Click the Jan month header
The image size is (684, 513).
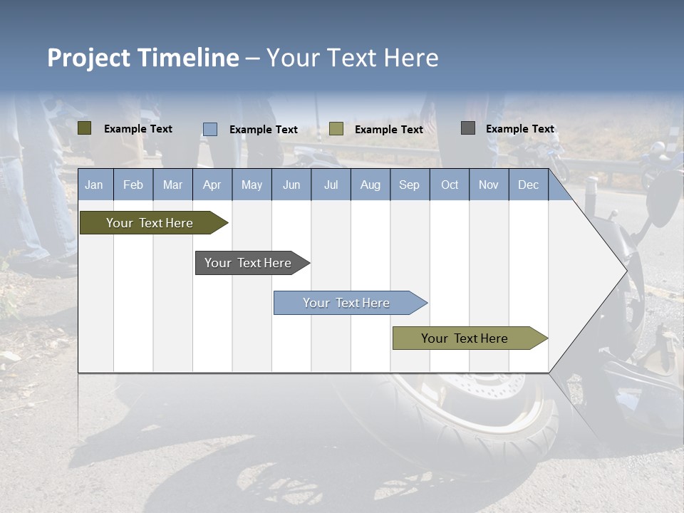(x=94, y=185)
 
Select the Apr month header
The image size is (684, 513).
(x=212, y=185)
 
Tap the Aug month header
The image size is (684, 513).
(x=370, y=185)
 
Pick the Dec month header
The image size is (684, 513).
(x=528, y=185)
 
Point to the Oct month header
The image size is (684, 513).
(x=450, y=185)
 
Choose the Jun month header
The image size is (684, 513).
(x=291, y=185)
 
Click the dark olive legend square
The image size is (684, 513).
(x=84, y=128)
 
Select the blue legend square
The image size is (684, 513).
(x=210, y=129)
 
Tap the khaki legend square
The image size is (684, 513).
(x=336, y=129)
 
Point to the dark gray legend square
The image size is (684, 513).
(x=468, y=128)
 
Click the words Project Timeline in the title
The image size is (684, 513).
(x=142, y=58)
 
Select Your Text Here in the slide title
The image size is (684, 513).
(x=353, y=58)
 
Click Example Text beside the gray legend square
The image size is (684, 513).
(x=519, y=129)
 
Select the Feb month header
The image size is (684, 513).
(x=133, y=185)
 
